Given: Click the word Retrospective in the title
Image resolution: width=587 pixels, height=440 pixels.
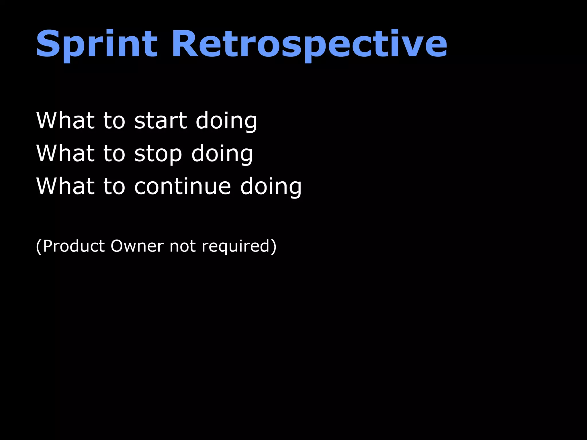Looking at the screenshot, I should click(309, 44).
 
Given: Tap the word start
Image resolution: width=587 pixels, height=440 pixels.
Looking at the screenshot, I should click(161, 121).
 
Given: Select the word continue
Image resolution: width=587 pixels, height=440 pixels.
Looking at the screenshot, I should click(182, 186).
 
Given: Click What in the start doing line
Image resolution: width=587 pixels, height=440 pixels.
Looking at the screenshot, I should click(65, 121).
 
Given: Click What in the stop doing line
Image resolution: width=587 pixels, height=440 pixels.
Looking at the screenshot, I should click(65, 154).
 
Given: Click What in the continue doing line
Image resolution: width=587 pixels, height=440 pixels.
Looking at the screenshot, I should click(65, 186).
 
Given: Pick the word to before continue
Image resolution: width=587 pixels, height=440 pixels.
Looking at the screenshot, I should click(114, 186).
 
